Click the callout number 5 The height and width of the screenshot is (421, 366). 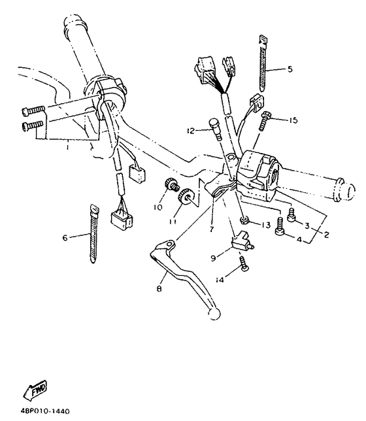pos(290,68)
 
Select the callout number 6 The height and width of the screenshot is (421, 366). pos(64,238)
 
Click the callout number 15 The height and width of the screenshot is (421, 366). pos(292,120)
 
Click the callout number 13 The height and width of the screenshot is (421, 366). pos(265,225)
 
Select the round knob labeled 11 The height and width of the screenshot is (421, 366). pos(188,195)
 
